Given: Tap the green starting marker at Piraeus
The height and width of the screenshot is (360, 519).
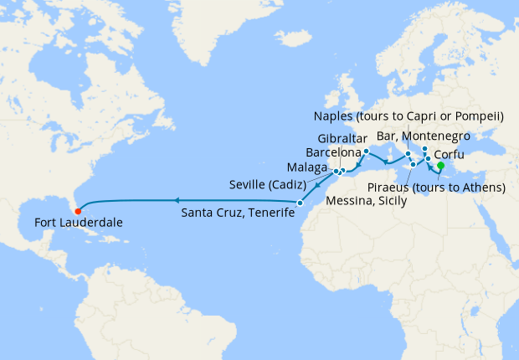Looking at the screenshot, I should pos(440,166).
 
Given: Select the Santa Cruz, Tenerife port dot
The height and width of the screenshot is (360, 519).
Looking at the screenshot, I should pos(300,203).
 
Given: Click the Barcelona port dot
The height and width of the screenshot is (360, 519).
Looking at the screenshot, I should pos(367,152).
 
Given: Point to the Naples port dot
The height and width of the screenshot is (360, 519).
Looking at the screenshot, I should pos(408,154).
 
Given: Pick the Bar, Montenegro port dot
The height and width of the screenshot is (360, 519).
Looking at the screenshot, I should pos(424,149).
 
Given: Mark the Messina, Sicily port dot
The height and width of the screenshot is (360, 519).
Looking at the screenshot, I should pos(413,165).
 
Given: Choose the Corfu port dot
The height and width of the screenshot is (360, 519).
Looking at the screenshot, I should pos(428,158).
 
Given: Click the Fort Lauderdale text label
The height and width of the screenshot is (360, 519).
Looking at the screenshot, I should pos(79,224).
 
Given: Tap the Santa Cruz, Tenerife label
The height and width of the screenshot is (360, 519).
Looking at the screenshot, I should pos(239,214).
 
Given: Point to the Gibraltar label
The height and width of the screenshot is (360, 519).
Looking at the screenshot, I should pos(343,138).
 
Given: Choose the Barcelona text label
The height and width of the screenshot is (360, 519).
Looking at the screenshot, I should pos(334,153).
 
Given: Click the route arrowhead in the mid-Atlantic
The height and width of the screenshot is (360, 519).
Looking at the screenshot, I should pos(177,200).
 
